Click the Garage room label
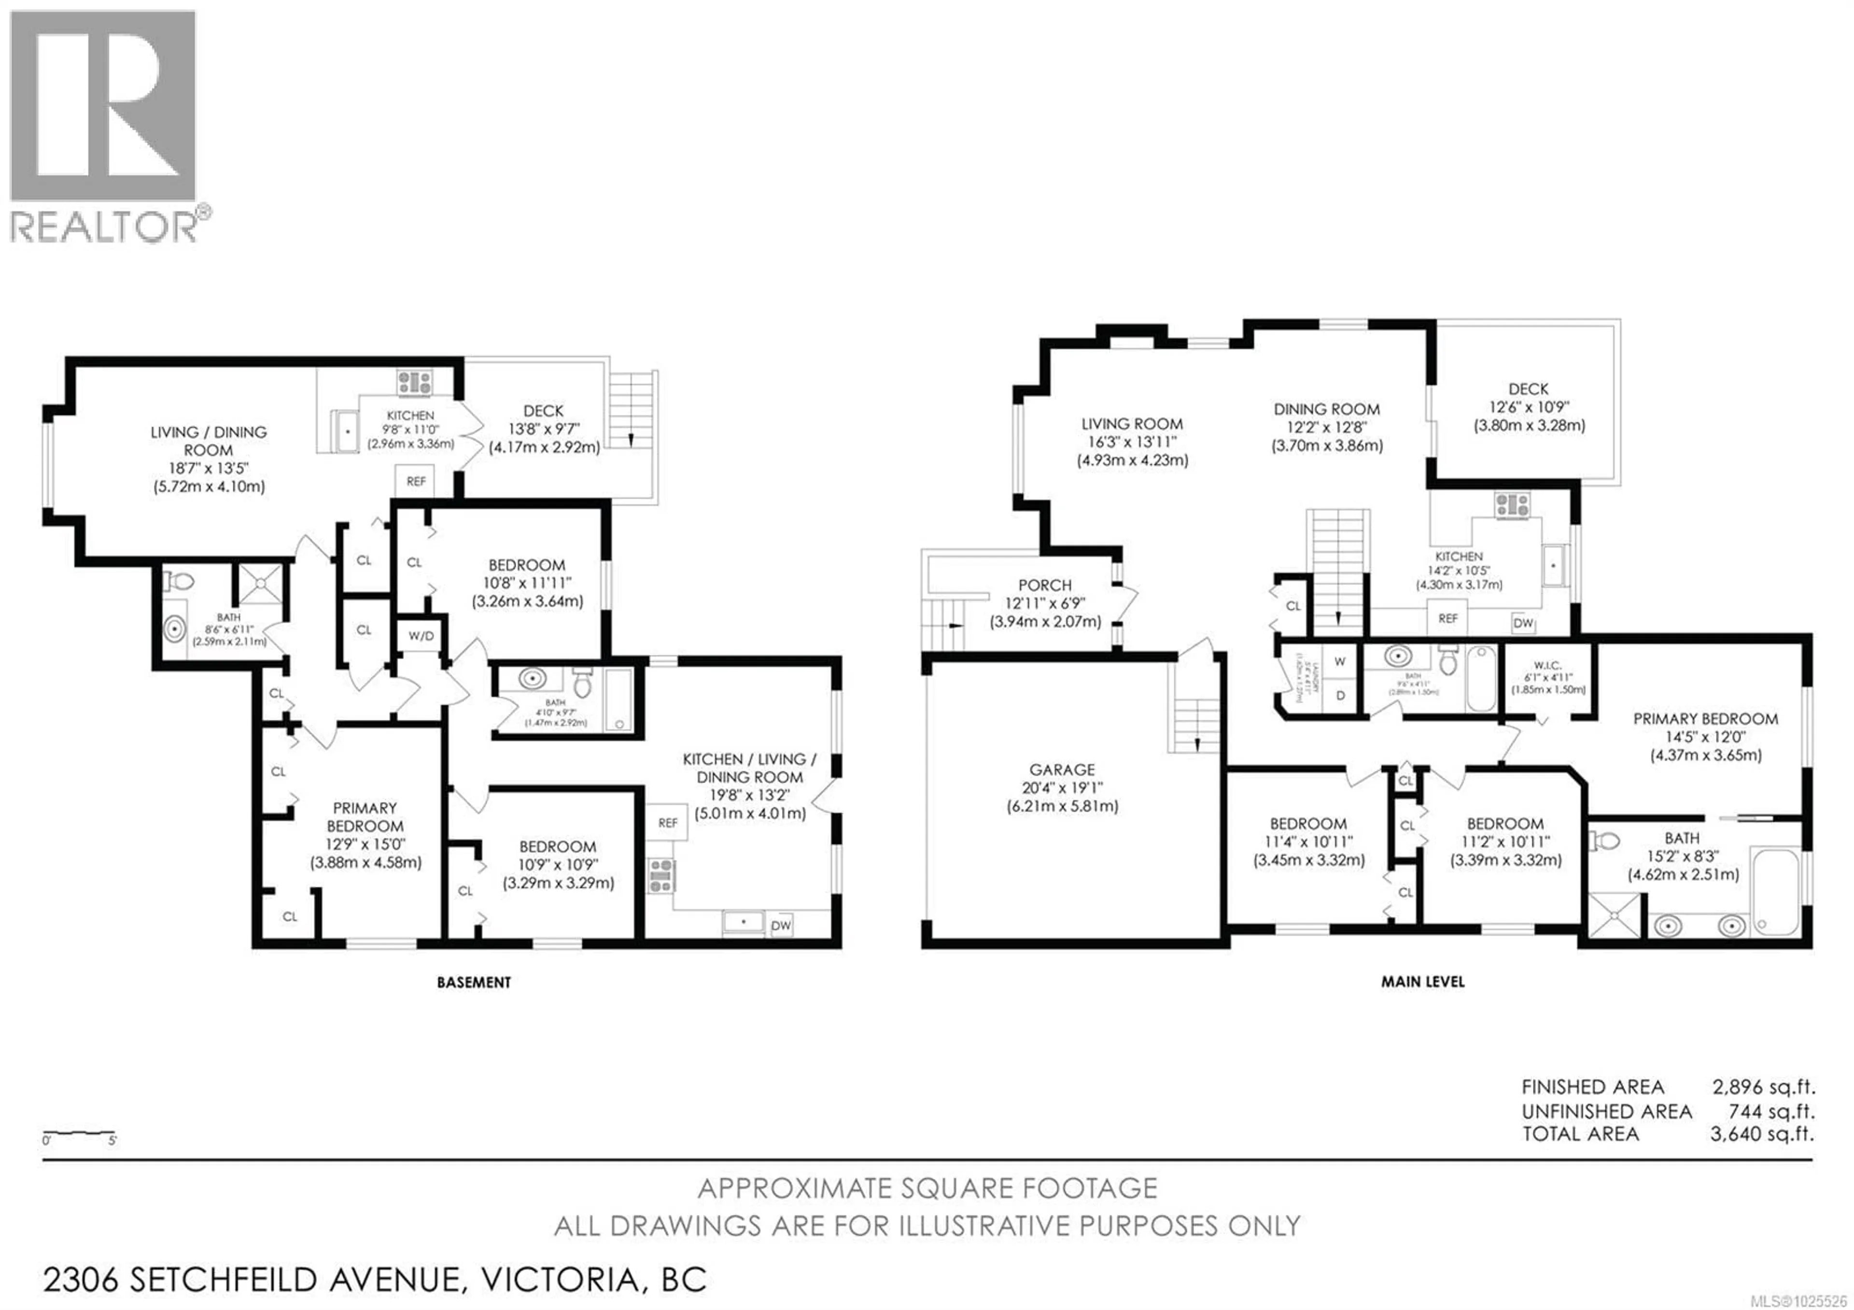(1062, 769)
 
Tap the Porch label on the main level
(1045, 585)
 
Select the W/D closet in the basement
(421, 636)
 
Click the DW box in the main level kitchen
(1523, 623)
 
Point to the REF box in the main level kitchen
(1448, 618)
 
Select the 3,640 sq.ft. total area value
(1762, 1134)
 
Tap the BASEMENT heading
(474, 982)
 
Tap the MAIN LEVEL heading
(1422, 981)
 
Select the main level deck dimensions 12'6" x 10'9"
(1528, 407)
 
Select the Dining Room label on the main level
(1327, 410)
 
